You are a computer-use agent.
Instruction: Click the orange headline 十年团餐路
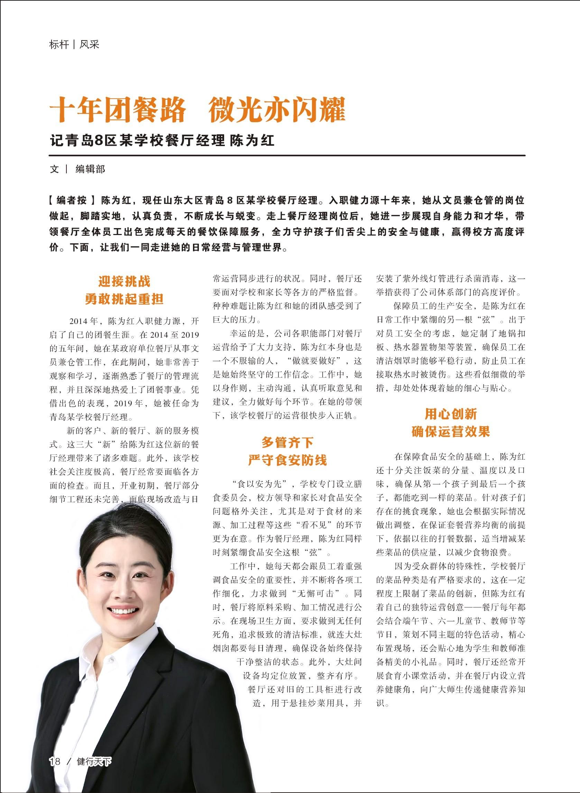(118, 110)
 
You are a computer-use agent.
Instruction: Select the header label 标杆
(59, 45)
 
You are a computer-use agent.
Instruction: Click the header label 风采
(89, 45)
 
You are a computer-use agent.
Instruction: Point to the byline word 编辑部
(90, 169)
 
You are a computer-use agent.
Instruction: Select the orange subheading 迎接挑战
(124, 281)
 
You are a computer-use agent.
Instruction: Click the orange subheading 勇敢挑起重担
(124, 299)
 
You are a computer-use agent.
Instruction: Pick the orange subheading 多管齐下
(287, 442)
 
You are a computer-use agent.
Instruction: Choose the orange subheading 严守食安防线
(287, 460)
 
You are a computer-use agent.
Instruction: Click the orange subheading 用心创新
(450, 414)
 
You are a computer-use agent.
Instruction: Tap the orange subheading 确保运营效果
(450, 432)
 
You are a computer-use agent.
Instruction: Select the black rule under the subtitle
(287, 155)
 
